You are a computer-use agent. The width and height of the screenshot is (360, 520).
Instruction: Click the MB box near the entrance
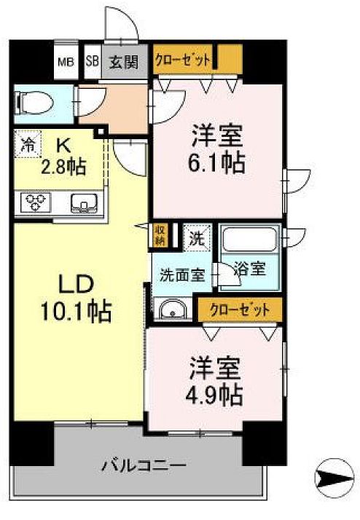tap(65, 61)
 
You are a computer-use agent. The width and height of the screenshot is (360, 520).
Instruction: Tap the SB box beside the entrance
tap(92, 61)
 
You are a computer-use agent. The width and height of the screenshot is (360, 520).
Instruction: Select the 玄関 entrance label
tap(124, 61)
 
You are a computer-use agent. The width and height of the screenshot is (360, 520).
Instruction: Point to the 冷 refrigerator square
tap(27, 143)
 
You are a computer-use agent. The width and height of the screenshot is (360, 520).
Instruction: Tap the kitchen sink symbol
tap(87, 203)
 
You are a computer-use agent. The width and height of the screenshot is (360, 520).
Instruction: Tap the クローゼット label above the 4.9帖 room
tap(240, 309)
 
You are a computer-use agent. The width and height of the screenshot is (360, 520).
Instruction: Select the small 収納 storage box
tap(160, 235)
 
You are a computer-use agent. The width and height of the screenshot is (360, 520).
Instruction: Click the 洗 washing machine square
tap(196, 236)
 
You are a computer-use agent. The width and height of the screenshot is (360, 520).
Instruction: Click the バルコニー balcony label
tap(144, 464)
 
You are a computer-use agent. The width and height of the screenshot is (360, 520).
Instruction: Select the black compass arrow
tap(334, 478)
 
